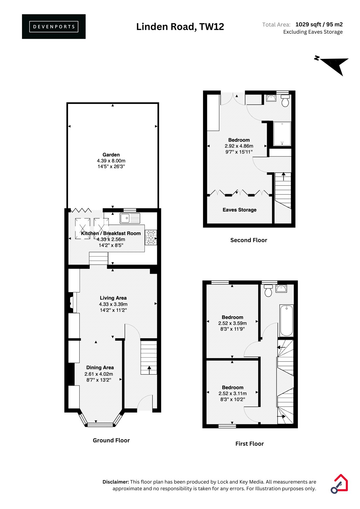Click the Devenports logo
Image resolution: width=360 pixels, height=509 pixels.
coord(54,27)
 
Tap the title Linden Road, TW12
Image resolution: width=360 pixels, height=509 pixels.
coord(180,27)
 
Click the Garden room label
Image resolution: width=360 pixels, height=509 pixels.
coord(111,155)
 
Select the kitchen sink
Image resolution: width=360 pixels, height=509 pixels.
coord(130,218)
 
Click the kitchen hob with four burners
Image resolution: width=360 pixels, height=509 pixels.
coord(151,237)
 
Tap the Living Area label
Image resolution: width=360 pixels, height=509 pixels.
coord(113,298)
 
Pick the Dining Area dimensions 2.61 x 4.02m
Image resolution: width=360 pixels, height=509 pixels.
coord(99,374)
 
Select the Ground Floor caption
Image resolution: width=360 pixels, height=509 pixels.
coord(111,440)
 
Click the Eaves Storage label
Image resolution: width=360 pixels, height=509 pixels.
coord(239,210)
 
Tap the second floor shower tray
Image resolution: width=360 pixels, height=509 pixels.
coord(282,134)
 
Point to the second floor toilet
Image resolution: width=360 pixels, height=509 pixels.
coord(285,101)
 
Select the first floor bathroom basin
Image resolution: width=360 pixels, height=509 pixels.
coord(281,288)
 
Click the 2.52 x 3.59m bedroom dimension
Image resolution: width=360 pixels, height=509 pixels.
coord(232,323)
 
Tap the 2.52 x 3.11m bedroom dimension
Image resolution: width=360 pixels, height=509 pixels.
coord(232,393)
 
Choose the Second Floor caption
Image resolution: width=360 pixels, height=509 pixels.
coord(249,240)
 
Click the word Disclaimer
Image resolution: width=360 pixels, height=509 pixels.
coord(116,482)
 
